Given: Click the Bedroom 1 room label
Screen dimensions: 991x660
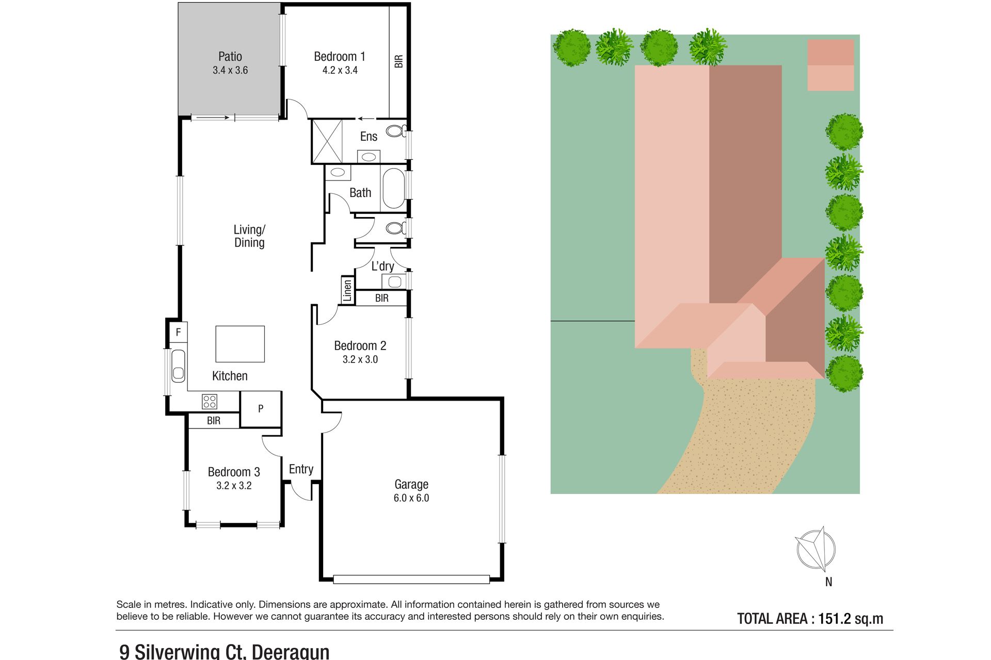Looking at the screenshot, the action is pyautogui.click(x=340, y=56).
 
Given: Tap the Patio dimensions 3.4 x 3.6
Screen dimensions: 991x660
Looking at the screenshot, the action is pyautogui.click(x=230, y=70).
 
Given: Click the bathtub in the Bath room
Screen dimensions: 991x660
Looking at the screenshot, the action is pyautogui.click(x=394, y=188).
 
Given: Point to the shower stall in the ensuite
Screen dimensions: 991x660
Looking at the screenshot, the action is pyautogui.click(x=327, y=141).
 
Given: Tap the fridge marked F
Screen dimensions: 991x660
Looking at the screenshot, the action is pyautogui.click(x=178, y=332).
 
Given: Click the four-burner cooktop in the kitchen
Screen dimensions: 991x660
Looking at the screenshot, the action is pyautogui.click(x=210, y=401).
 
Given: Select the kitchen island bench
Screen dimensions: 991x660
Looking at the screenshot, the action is pyautogui.click(x=240, y=344).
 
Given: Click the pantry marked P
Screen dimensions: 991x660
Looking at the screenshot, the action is pyautogui.click(x=261, y=409).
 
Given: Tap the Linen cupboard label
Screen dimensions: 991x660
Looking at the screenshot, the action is pyautogui.click(x=347, y=290).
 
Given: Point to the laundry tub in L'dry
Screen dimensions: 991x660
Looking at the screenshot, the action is pyautogui.click(x=395, y=282).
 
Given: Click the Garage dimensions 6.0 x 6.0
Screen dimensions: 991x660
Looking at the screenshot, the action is pyautogui.click(x=411, y=498).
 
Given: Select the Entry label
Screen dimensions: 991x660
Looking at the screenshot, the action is pyautogui.click(x=301, y=469).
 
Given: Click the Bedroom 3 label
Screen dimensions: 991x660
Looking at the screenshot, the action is pyautogui.click(x=234, y=472).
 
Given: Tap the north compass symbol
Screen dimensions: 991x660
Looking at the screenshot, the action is pyautogui.click(x=816, y=550).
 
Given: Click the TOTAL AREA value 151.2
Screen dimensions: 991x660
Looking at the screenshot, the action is pyautogui.click(x=835, y=619).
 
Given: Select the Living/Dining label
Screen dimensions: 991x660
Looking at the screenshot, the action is pyautogui.click(x=249, y=236).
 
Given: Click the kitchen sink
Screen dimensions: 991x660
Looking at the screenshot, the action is pyautogui.click(x=178, y=366).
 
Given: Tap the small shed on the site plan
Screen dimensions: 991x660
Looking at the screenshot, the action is pyautogui.click(x=830, y=65).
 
